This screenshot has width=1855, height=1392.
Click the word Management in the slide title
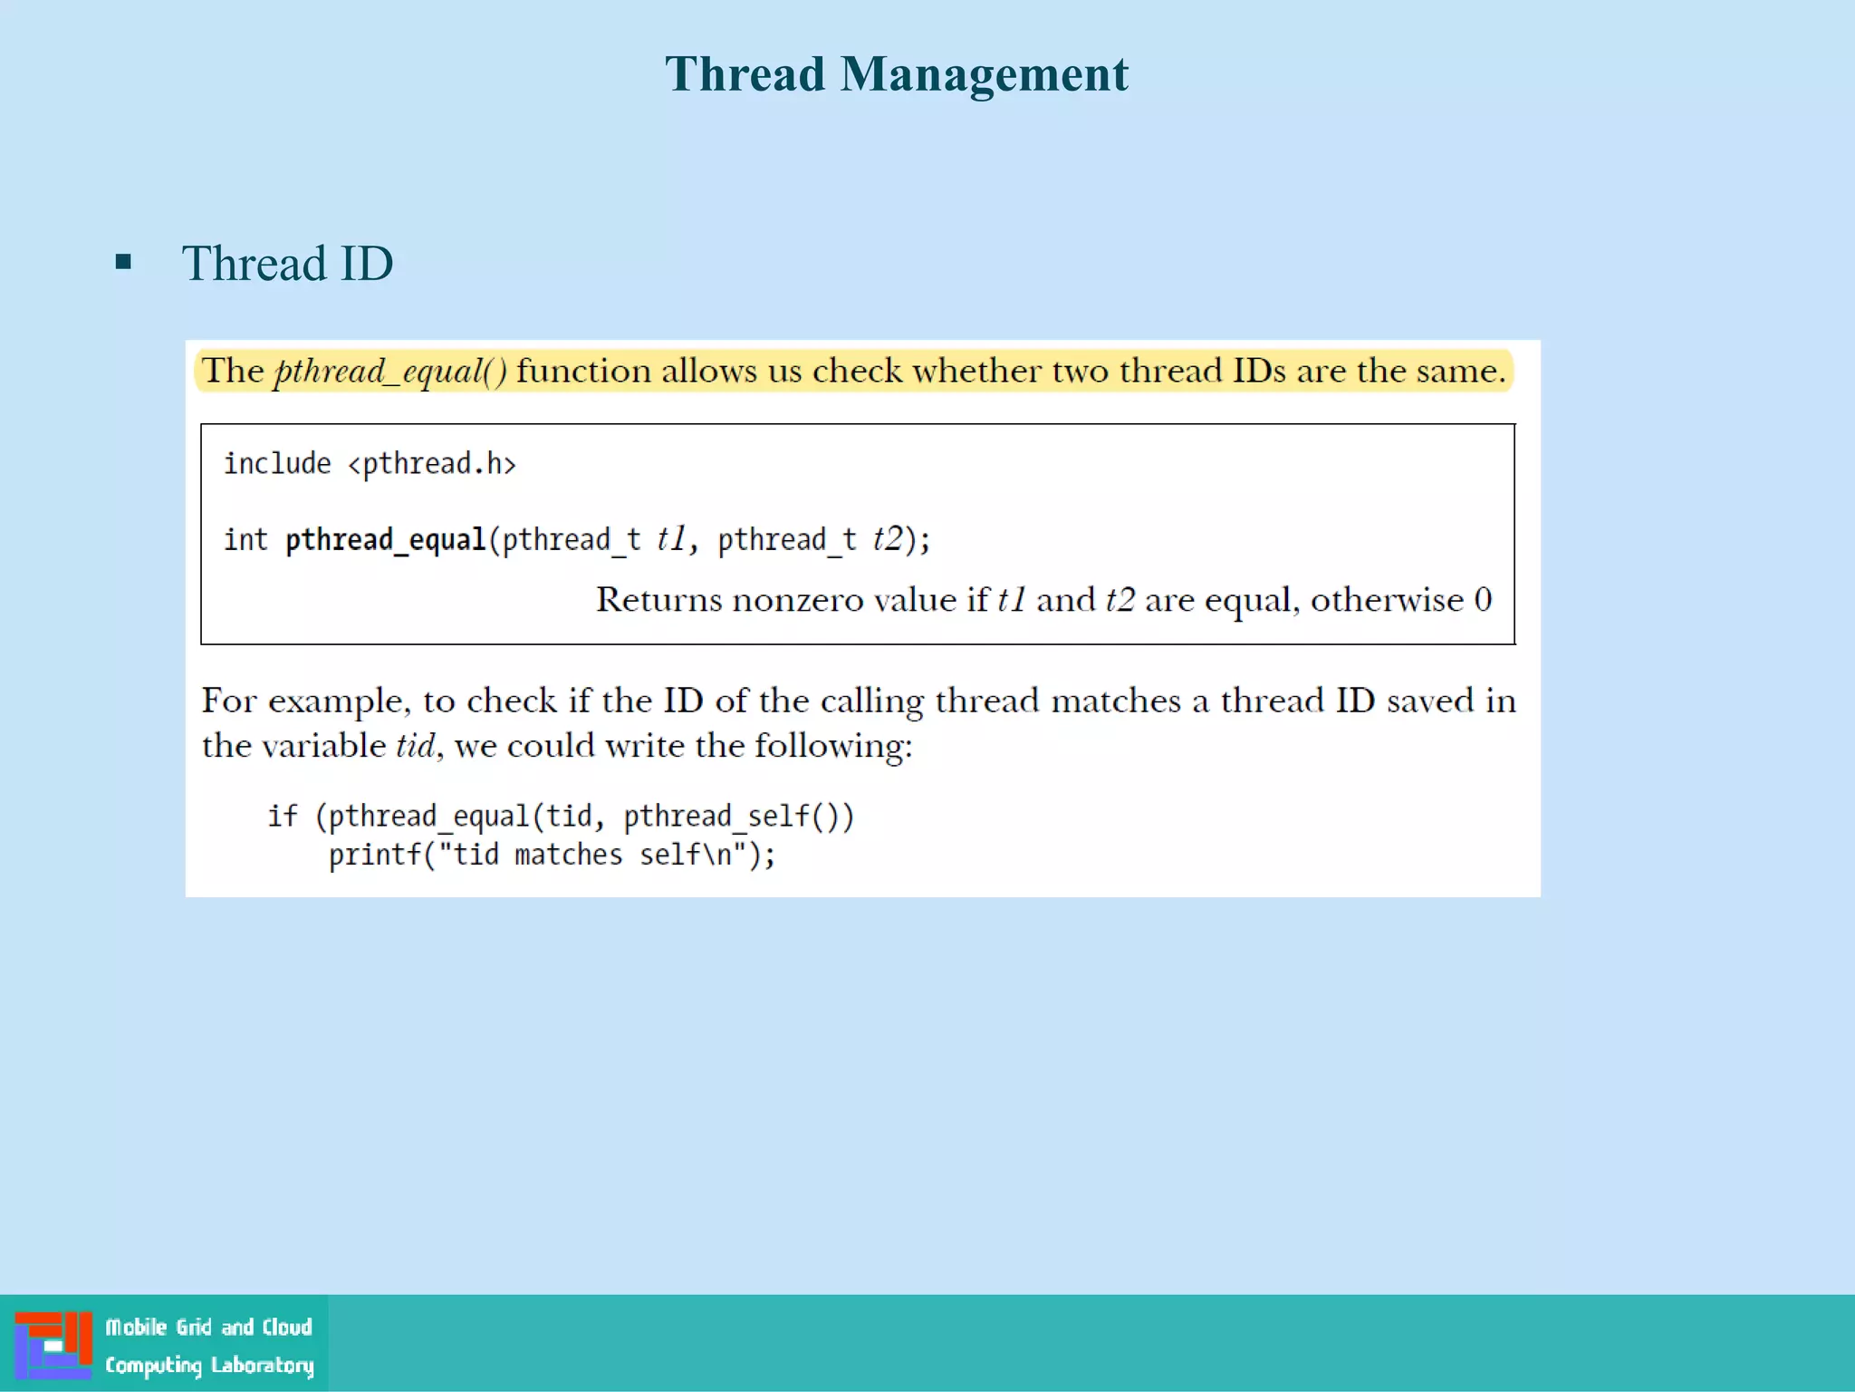[x=984, y=74]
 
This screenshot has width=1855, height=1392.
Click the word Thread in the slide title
[x=745, y=74]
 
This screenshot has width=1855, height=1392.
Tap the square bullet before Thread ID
[x=124, y=264]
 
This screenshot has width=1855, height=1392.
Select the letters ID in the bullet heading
[x=366, y=264]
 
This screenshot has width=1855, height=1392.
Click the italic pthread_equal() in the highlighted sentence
[x=390, y=372]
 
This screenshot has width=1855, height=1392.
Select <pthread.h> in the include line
[x=432, y=464]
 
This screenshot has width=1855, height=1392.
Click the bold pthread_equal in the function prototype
[x=386, y=540]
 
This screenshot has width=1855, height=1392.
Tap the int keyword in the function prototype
[x=245, y=540]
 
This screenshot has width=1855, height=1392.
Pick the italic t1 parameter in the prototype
[x=671, y=539]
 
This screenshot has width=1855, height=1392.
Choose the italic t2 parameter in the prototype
[x=888, y=539]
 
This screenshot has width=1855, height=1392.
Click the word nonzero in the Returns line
[x=798, y=600]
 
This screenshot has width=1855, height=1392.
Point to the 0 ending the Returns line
[x=1483, y=600]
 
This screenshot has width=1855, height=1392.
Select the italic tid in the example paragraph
[x=416, y=746]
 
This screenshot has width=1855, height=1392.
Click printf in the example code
[x=375, y=855]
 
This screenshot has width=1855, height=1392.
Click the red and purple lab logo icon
[x=53, y=1344]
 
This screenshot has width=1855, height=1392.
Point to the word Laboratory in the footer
[x=262, y=1365]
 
